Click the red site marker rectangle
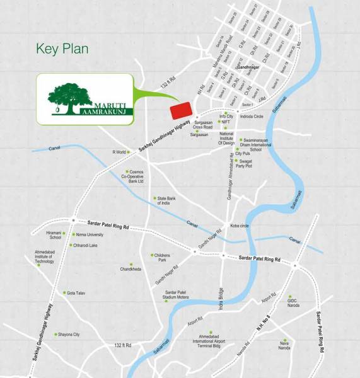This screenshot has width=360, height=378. tap(181, 110)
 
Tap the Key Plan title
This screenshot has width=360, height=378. tap(62, 49)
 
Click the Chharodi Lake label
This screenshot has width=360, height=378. tap(85, 245)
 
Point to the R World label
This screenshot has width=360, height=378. tap(120, 152)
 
